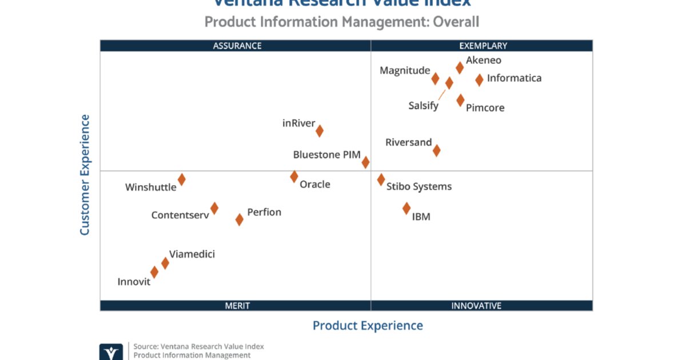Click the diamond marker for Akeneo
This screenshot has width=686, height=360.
click(460, 68)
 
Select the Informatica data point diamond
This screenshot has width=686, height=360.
click(479, 80)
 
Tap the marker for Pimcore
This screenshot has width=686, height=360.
click(460, 101)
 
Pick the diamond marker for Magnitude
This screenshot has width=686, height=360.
click(435, 79)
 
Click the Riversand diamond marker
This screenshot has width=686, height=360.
click(436, 150)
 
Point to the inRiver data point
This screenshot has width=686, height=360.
click(320, 131)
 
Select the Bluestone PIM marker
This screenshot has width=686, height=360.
click(365, 162)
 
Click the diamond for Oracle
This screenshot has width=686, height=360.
click(294, 177)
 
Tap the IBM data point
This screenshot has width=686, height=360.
click(406, 209)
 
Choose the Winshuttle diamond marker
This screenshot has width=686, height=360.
click(181, 179)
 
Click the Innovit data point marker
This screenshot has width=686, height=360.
click(154, 272)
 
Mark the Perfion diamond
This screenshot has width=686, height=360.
click(239, 219)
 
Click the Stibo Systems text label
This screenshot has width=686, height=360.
click(419, 186)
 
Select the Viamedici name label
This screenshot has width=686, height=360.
click(192, 254)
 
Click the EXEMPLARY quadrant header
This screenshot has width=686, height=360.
click(483, 46)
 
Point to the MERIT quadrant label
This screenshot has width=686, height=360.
click(237, 306)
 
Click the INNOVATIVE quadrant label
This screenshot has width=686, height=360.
click(476, 306)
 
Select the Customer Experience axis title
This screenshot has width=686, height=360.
click(85, 175)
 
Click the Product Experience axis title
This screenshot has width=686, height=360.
click(368, 326)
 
